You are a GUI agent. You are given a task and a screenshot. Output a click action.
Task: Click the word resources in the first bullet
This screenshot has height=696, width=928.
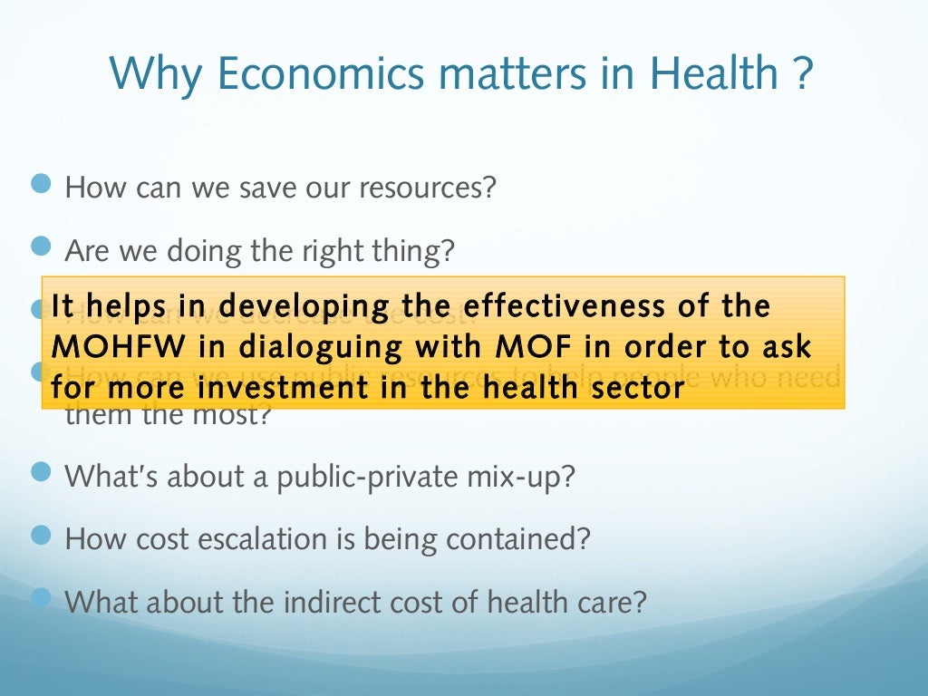pos(428,188)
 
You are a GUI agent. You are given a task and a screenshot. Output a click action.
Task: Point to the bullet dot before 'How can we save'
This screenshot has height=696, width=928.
pos(43,186)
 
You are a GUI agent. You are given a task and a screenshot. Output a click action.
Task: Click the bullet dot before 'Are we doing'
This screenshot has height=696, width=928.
pos(43,246)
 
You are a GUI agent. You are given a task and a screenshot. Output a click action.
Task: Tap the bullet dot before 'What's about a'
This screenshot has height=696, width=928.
pos(43,472)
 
